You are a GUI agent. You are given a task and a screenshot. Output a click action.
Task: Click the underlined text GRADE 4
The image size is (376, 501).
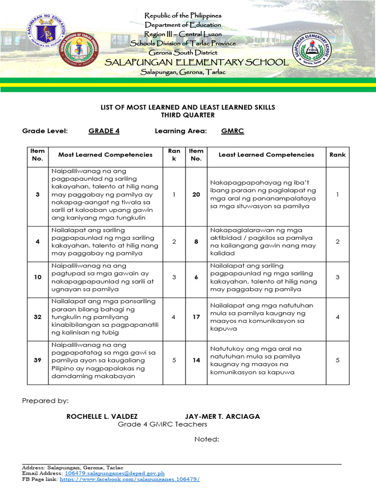pos(104,131)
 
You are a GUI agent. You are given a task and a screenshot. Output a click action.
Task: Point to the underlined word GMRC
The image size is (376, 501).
pos(233,131)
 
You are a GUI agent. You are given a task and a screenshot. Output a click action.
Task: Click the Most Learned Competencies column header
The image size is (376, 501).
pos(105,155)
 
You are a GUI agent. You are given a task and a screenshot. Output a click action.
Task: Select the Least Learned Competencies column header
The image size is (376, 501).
pos(266,155)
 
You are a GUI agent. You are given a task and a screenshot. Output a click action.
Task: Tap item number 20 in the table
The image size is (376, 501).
pos(196,195)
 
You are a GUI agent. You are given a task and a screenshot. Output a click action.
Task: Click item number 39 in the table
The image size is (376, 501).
pos(38,360)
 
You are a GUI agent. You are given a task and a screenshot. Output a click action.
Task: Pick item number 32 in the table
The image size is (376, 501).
pos(38,317)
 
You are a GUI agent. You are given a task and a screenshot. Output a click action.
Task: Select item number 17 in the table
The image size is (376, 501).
pos(196,317)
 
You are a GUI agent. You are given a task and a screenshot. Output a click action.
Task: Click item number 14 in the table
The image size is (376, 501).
pos(196,360)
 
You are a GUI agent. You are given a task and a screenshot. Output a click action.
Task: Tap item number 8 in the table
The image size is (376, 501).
pos(196,242)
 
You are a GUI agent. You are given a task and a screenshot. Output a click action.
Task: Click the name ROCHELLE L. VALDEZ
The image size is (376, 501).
pos(102,416)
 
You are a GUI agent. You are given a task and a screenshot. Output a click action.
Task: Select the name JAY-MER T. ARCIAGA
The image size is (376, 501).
pos(222,416)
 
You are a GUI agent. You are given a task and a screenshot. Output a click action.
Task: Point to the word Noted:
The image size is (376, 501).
pos(207,439)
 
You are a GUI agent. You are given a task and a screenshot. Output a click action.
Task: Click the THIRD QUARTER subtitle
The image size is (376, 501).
pos(188,115)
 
